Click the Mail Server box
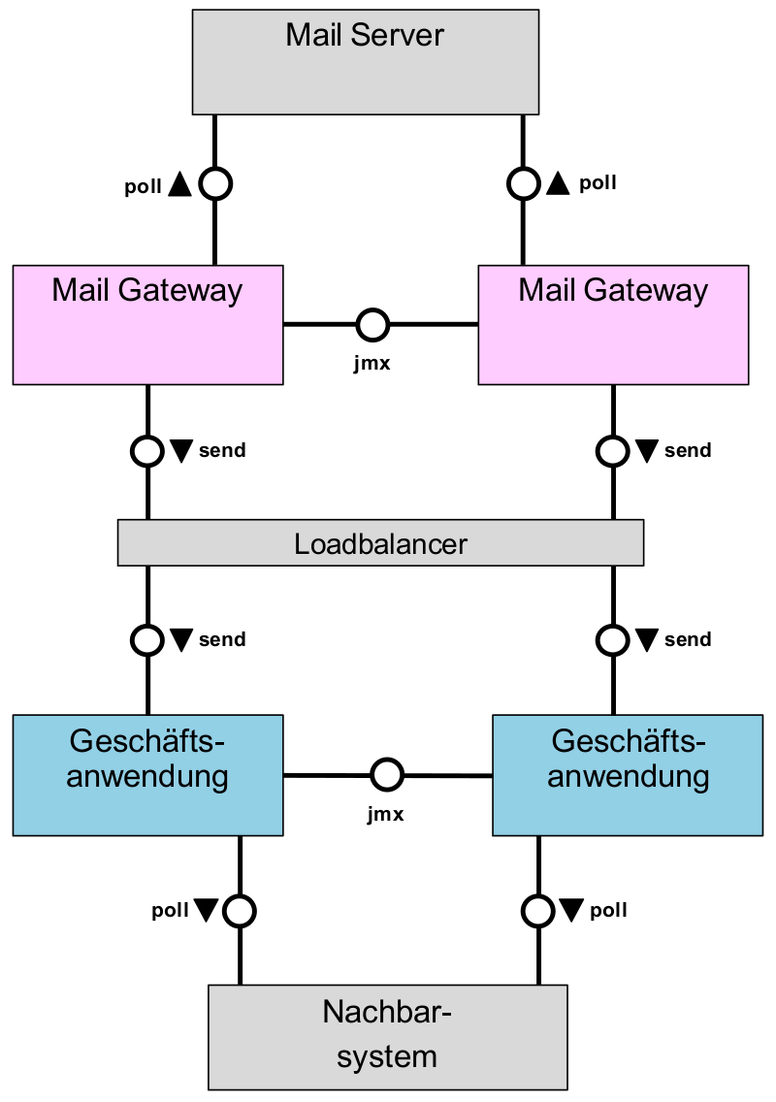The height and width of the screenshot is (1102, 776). tap(365, 62)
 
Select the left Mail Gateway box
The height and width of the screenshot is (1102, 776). tap(147, 325)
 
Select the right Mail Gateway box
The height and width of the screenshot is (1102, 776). tap(613, 325)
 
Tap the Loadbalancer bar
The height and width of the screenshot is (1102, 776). tap(380, 543)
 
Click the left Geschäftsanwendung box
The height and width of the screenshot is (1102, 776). tap(147, 775)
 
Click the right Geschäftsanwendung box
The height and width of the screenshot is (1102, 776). tap(627, 775)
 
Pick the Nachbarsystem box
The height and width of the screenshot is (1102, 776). tap(387, 1036)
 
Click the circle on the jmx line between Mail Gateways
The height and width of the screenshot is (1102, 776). tap(372, 325)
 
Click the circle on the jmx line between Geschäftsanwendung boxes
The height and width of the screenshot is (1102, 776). tap(387, 775)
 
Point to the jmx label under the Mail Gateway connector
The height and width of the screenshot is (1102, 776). tap(372, 365)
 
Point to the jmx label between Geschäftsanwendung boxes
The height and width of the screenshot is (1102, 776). tap(385, 815)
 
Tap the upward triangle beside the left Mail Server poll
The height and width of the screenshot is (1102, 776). tap(179, 184)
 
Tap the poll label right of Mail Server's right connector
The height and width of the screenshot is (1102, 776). tap(598, 183)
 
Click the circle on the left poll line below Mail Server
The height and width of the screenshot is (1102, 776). tap(214, 183)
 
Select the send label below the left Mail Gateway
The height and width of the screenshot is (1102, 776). tap(221, 451)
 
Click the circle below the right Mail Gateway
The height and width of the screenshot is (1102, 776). tap(612, 451)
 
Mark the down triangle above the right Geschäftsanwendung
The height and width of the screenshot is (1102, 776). tap(647, 639)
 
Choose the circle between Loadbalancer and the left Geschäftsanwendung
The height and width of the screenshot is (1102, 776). tap(146, 639)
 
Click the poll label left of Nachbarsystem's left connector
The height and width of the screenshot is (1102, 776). tap(170, 911)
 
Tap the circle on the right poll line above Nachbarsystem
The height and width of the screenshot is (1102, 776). tap(537, 911)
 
